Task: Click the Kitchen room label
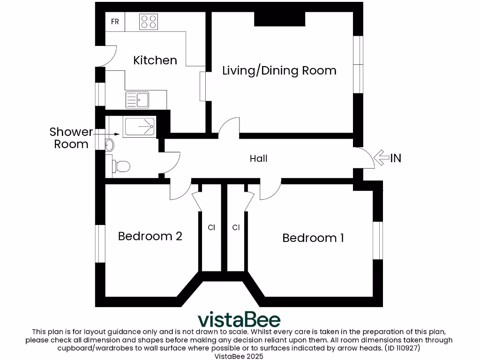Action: point(155,60)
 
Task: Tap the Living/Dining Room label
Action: point(279,71)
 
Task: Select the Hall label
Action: point(258,158)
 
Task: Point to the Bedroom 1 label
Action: point(313,238)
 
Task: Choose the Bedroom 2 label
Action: point(150,236)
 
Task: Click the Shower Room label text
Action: point(71,138)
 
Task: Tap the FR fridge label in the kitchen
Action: point(115,22)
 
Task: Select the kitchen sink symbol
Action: point(137,99)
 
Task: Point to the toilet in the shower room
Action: point(121,165)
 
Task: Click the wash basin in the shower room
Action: point(110,144)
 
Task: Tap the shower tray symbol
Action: point(139,127)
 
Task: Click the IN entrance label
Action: point(396,158)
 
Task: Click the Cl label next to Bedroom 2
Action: point(211,228)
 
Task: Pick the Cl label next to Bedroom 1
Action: point(236,228)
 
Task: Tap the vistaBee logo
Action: point(239,320)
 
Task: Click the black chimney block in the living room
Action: point(280,19)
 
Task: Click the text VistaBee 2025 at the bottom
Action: point(239,357)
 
